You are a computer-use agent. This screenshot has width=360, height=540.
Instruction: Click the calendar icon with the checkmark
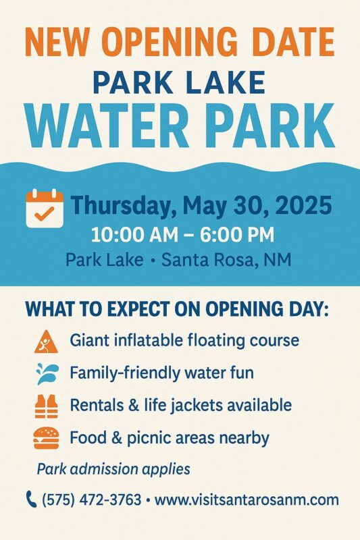pyautogui.click(x=45, y=209)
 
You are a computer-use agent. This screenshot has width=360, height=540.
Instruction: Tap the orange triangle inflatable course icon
pyautogui.click(x=46, y=342)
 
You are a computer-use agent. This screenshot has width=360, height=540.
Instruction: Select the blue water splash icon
pyautogui.click(x=47, y=373)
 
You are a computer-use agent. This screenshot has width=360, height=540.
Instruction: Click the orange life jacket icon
pyautogui.click(x=46, y=406)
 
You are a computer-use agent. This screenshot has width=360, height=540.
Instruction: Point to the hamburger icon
pyautogui.click(x=46, y=437)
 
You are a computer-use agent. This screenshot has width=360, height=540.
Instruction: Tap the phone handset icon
pyautogui.click(x=31, y=500)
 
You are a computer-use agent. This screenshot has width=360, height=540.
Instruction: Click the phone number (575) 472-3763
pyautogui.click(x=92, y=500)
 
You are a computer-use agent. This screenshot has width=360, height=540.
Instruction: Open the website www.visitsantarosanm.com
pyautogui.click(x=247, y=500)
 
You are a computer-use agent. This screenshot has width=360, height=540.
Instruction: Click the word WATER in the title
pyautogui.click(x=107, y=126)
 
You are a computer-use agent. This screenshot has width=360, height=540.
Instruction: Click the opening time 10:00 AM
pyautogui.click(x=134, y=235)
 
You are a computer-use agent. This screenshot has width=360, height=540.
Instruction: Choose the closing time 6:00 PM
pyautogui.click(x=237, y=235)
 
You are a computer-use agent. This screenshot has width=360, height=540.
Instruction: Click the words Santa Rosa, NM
pyautogui.click(x=226, y=260)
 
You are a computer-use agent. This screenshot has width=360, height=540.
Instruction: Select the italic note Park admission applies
pyautogui.click(x=113, y=469)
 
